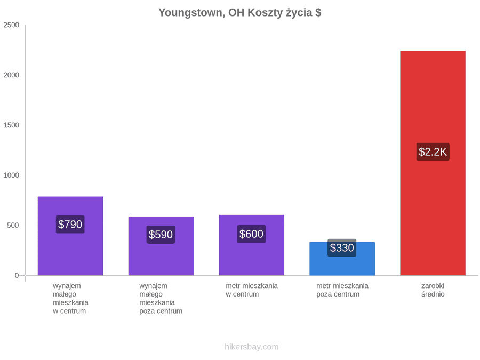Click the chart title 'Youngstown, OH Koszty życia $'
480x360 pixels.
tap(239, 13)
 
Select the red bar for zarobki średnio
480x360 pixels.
tap(433, 163)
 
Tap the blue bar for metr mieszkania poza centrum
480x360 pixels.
tap(342, 259)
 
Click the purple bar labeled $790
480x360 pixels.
tap(70, 236)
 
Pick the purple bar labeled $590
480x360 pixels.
tap(161, 246)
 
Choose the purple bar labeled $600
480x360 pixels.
tap(251, 245)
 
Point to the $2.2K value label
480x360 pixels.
tap(433, 152)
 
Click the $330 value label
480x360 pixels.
tap(342, 247)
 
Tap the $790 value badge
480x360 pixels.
tap(70, 225)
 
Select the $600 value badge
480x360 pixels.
tap(251, 234)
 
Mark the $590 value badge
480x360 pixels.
tap(161, 235)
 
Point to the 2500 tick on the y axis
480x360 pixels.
tap(11, 25)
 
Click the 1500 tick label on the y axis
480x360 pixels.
tap(11, 125)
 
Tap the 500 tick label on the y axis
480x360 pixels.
tap(13, 225)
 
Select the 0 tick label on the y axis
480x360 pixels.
tap(17, 276)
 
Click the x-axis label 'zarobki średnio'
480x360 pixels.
tap(433, 290)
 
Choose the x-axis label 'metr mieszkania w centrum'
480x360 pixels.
tap(252, 290)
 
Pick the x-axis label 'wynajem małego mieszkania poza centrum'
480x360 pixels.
tap(161, 299)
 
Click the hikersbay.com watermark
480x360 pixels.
tap(252, 347)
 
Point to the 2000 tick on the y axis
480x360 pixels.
tap(11, 75)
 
